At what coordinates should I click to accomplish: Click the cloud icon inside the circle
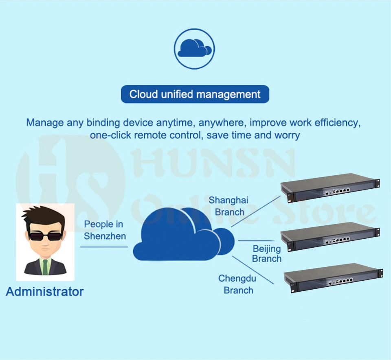point(195,48)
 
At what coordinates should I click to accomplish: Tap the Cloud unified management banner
point(195,94)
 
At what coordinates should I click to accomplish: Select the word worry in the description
point(287,135)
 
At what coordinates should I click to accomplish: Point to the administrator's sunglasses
point(45,236)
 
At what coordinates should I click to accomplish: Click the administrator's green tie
point(45,266)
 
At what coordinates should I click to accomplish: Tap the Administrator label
point(45,292)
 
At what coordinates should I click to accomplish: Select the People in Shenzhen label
point(105,230)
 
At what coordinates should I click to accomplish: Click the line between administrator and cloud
point(104,247)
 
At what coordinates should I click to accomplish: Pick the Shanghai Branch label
point(228,206)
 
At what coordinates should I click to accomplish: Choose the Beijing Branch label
point(266,253)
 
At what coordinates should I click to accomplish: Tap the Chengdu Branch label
point(237,284)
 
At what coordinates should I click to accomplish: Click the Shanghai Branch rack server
point(330,188)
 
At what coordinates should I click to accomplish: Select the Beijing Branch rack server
point(330,236)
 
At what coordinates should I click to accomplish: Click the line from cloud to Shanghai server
point(256,212)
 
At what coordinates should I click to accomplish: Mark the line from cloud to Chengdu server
point(253,270)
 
